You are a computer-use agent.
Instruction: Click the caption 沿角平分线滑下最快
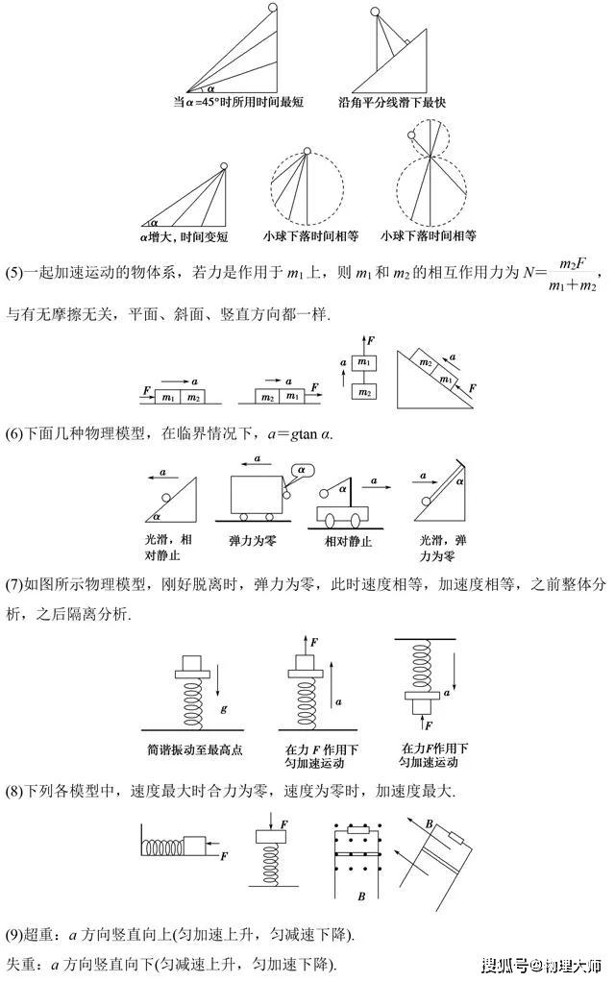pos(392,102)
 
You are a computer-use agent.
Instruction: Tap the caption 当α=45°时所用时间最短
pos(238,102)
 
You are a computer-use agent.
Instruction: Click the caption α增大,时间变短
pos(184,237)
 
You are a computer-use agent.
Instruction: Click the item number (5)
pos(13,274)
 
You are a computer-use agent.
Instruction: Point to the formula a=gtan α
pos(300,434)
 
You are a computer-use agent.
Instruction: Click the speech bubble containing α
pos(301,470)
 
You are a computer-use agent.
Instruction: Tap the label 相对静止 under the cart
pos(348,541)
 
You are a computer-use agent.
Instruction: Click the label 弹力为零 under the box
pos(253,540)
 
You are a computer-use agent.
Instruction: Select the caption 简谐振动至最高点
pos(194,749)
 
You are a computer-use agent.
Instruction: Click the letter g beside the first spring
pos(224,709)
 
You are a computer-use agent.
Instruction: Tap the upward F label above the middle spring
pos(314,643)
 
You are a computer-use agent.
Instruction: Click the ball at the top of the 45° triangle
pos(274,7)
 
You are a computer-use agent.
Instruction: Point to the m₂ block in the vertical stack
pos(364,391)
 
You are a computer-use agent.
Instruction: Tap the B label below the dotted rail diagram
pos(361,896)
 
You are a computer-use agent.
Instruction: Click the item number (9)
pos(13,936)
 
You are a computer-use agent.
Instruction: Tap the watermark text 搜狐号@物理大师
pos(541,965)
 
